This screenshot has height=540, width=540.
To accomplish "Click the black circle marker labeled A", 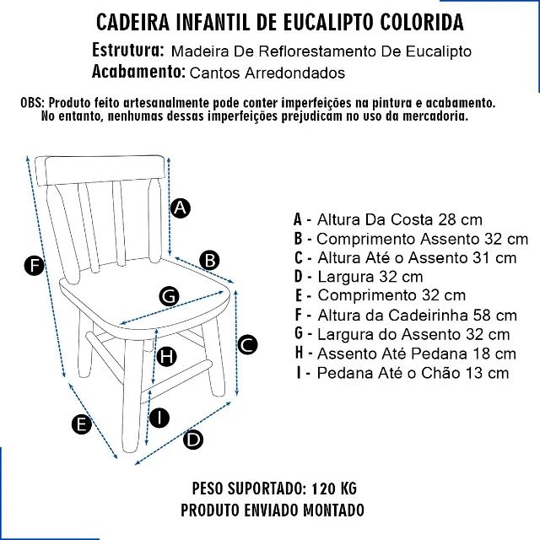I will click(180, 208).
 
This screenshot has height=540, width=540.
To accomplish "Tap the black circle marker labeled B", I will click(210, 260).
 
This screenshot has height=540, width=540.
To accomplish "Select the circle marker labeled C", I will click(246, 344).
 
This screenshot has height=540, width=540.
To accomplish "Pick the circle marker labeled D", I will click(193, 439).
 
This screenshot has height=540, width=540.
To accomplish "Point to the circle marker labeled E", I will click(81, 424).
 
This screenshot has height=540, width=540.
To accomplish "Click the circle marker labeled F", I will click(33, 267).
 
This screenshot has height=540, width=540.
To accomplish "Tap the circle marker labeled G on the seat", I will click(169, 295).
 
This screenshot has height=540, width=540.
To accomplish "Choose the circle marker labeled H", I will click(167, 357).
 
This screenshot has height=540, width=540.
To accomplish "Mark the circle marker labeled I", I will click(159, 417).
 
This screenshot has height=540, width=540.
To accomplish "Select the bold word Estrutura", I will click(127, 51).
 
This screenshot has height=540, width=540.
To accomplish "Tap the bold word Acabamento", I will click(138, 72).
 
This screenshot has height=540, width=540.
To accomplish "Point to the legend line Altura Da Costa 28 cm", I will click(388, 219).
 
